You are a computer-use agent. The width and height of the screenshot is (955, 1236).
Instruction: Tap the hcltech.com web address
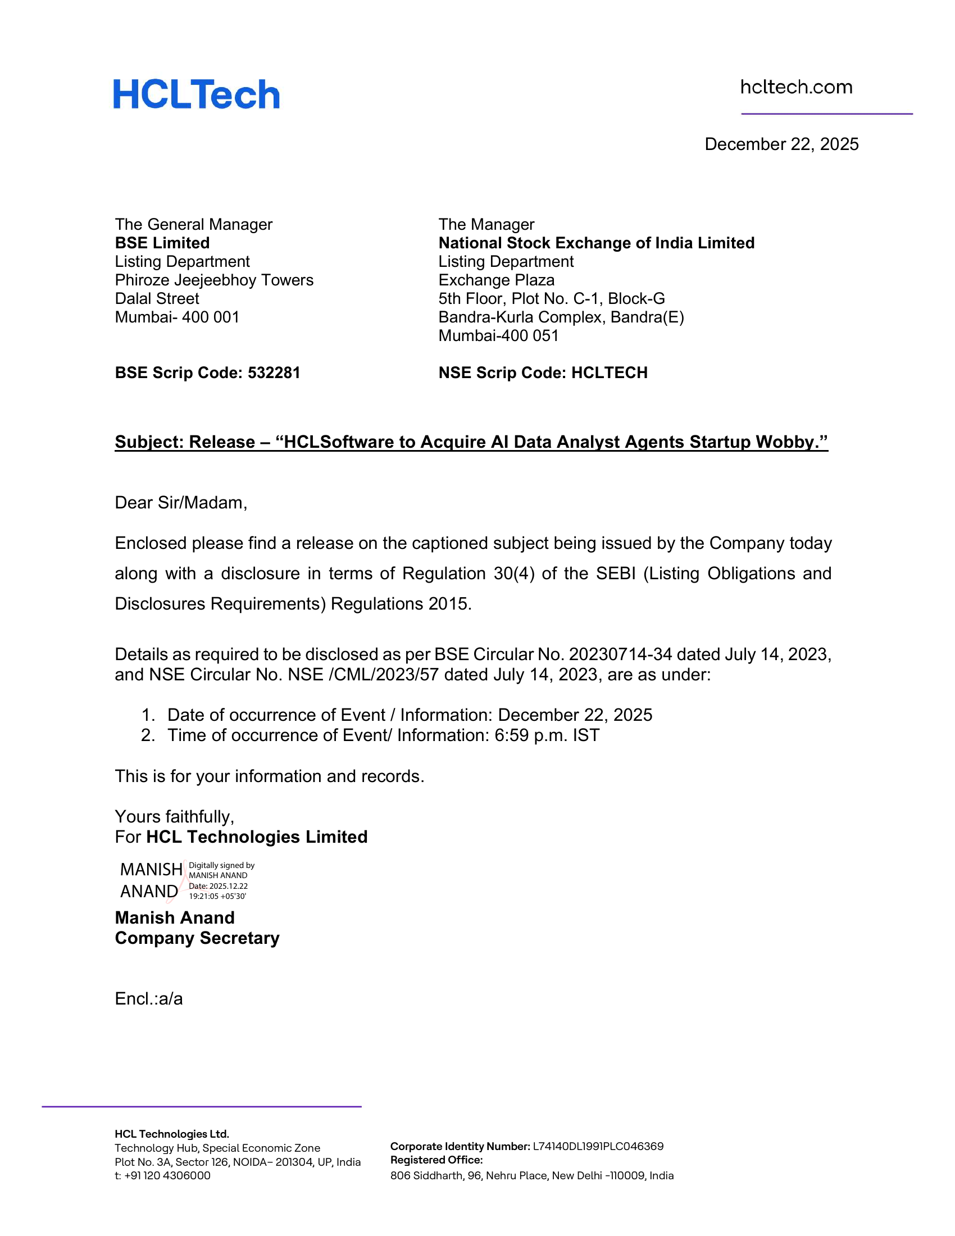tap(796, 87)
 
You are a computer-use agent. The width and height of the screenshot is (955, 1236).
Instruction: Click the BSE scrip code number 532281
tap(274, 373)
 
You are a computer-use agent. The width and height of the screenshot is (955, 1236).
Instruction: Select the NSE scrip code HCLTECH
tap(610, 373)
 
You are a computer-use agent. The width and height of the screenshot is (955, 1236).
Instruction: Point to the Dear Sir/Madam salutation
tap(181, 503)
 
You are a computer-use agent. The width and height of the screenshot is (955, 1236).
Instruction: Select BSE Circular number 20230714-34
tap(620, 654)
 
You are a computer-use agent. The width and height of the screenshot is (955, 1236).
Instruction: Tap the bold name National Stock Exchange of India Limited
tap(596, 243)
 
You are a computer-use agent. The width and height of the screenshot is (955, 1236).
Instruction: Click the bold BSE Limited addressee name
tap(162, 243)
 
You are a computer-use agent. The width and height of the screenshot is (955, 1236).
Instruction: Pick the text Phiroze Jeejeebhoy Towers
tap(214, 280)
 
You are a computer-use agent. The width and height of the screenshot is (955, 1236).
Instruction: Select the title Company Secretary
tap(197, 938)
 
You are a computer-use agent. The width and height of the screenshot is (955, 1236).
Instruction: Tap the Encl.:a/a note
tap(149, 999)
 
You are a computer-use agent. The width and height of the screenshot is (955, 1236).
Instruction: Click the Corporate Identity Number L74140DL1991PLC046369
tap(598, 1147)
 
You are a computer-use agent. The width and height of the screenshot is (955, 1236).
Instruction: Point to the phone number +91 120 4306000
tap(167, 1175)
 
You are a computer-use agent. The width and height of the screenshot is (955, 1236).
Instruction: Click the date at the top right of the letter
tap(781, 144)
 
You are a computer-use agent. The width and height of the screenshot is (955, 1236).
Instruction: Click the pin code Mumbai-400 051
tap(498, 335)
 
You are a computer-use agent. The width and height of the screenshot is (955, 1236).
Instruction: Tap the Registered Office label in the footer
tap(436, 1160)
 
